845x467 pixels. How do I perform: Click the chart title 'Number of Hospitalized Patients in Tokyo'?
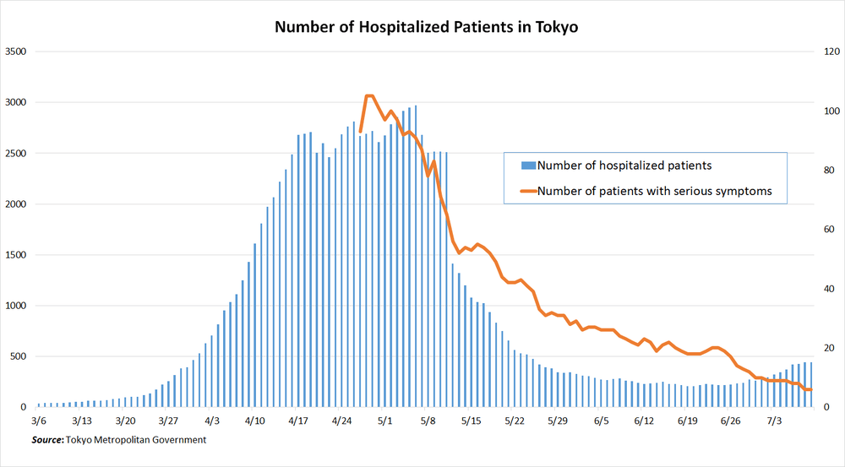click(426, 27)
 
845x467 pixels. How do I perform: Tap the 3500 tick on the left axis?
click(16, 52)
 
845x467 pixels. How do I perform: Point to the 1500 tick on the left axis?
click(16, 255)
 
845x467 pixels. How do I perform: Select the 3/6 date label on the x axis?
click(39, 420)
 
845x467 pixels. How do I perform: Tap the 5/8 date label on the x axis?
click(428, 420)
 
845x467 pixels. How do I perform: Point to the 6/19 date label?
click(687, 420)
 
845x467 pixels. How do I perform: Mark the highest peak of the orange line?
click(368, 96)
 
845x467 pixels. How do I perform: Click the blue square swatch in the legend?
click(529, 166)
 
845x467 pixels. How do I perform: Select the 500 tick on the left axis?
click(19, 356)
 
